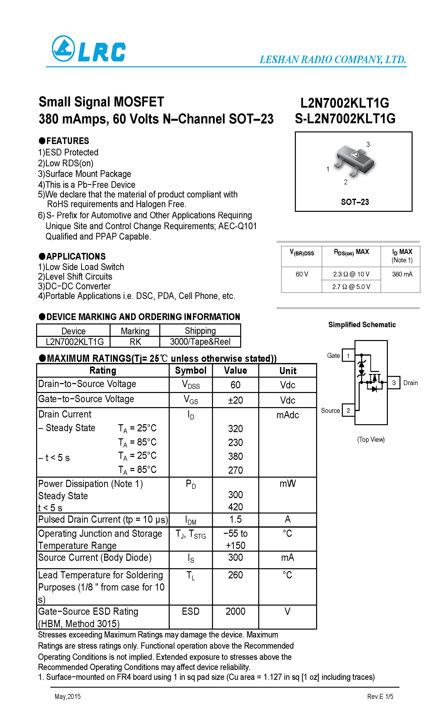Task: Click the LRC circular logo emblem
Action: pos(63,49)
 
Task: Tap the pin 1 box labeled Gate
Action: pos(348,356)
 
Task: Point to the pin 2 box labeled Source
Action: pos(348,410)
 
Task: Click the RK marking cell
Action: pos(135,342)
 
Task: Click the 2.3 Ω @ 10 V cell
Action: pos(351,274)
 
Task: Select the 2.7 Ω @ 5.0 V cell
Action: pos(351,287)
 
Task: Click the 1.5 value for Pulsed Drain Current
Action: pos(235,519)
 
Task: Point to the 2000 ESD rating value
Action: pos(235,611)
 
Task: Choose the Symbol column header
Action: pos(190,370)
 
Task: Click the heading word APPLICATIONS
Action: pos(76,256)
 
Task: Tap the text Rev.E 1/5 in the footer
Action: pos(380,696)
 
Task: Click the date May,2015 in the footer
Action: pos(68,696)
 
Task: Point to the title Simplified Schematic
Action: pos(362,325)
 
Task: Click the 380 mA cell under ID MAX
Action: pos(402,274)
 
